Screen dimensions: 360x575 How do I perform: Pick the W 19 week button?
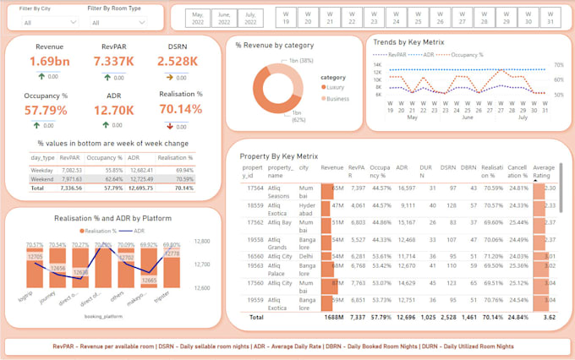click(286, 17)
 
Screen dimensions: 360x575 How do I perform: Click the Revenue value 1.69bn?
click(49, 62)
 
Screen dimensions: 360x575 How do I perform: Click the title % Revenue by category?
click(275, 45)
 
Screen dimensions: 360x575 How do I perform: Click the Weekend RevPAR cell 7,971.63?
click(71, 179)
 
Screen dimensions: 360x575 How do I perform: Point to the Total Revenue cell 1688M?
click(331, 316)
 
